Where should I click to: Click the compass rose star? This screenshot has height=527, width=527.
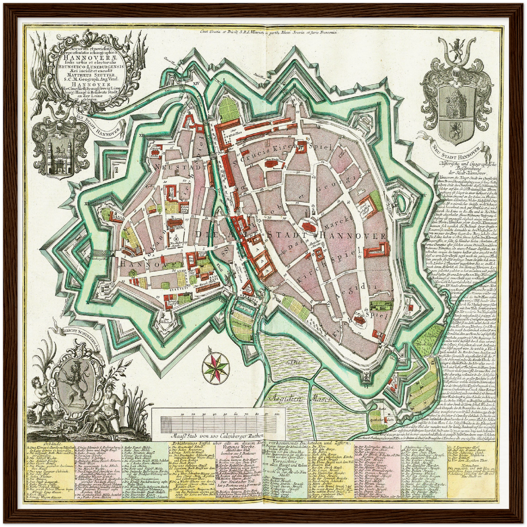tap(217, 365)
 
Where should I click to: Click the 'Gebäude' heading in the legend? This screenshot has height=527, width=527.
tap(38, 442)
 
